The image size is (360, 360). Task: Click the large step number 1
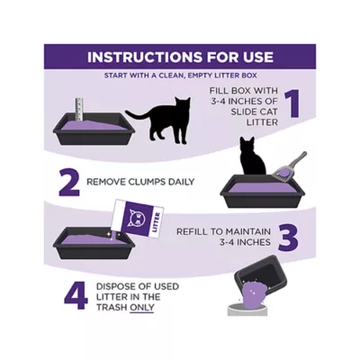(x=292, y=103)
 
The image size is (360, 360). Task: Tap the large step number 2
(x=69, y=182)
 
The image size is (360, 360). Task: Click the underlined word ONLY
(x=141, y=308)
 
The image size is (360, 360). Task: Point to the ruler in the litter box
(x=79, y=109)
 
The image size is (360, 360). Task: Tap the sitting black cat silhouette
(x=252, y=156)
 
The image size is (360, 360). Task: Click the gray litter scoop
(x=289, y=166)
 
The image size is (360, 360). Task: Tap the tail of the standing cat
(x=139, y=114)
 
